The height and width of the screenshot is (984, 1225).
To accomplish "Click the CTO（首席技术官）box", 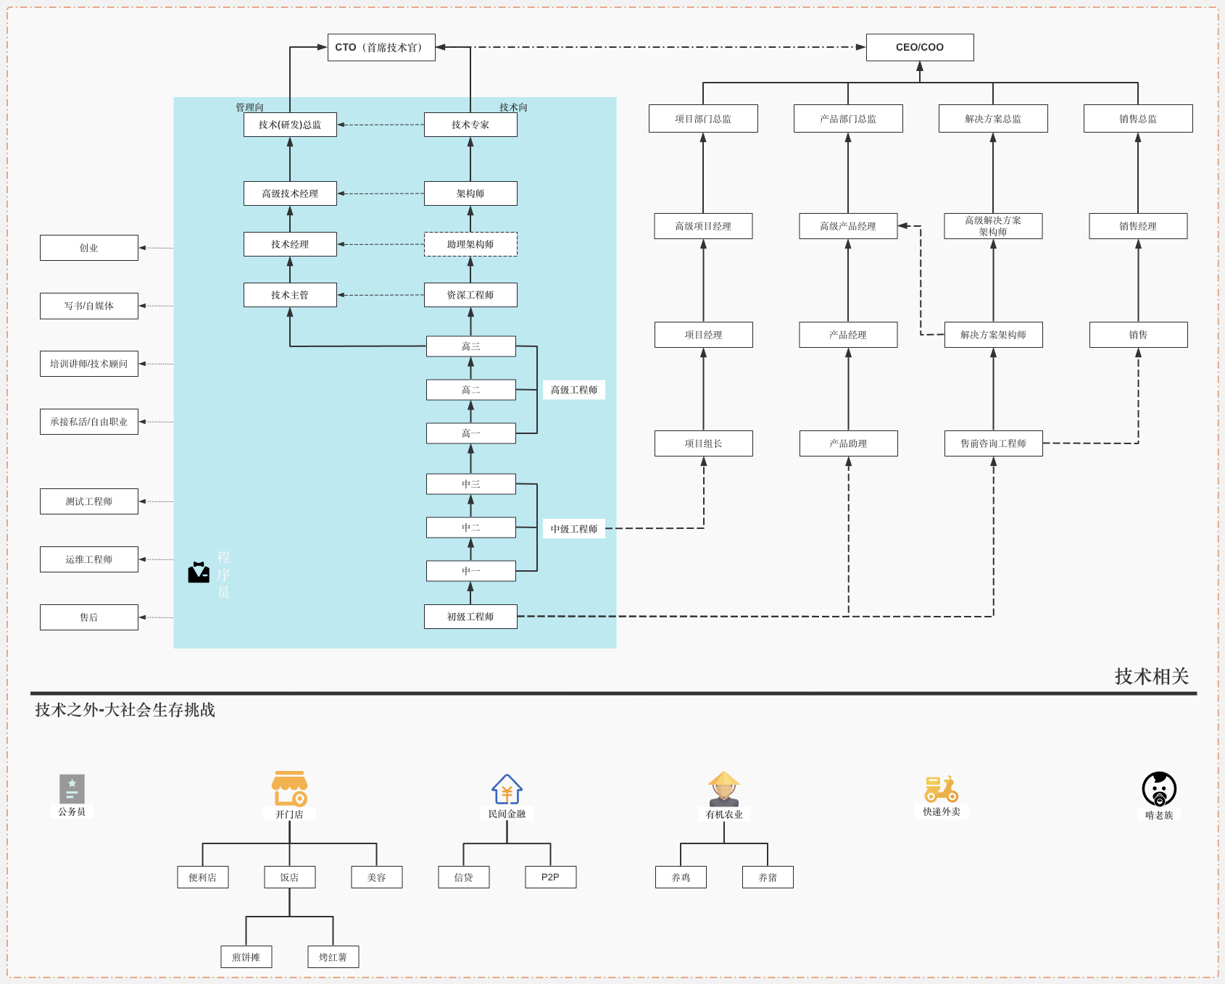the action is [x=381, y=47].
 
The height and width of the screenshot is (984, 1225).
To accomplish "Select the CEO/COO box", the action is [x=920, y=47].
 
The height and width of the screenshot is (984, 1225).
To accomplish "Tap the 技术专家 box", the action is [x=470, y=125].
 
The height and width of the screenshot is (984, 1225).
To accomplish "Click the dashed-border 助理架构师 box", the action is [x=470, y=244].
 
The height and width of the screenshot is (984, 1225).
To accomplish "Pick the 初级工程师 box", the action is [x=470, y=617].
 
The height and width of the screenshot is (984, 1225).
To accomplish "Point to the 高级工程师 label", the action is [x=574, y=390].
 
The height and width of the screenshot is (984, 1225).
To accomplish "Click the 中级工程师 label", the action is [x=574, y=529].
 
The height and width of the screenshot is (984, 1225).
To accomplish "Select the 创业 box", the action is [x=89, y=248].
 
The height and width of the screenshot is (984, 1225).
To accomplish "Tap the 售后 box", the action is [x=89, y=617].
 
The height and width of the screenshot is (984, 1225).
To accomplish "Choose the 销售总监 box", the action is [x=1138, y=119].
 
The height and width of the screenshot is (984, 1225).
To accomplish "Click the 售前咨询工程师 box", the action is [x=993, y=443].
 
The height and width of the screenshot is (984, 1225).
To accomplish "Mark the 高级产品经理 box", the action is [x=848, y=226].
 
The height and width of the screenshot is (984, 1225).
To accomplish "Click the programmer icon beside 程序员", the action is [x=199, y=572].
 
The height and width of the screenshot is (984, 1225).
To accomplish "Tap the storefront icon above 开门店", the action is [x=290, y=788].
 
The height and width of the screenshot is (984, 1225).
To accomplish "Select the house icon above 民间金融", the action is [x=507, y=789].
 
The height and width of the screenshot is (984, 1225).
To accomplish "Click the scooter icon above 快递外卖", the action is [x=941, y=789].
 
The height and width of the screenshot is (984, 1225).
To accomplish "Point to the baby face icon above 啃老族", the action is [x=1159, y=789].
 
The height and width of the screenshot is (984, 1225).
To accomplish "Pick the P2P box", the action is [x=550, y=877].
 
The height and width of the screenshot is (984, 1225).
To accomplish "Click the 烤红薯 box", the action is [x=333, y=957].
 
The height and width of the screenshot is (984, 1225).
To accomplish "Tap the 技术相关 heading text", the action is [x=1152, y=676].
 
